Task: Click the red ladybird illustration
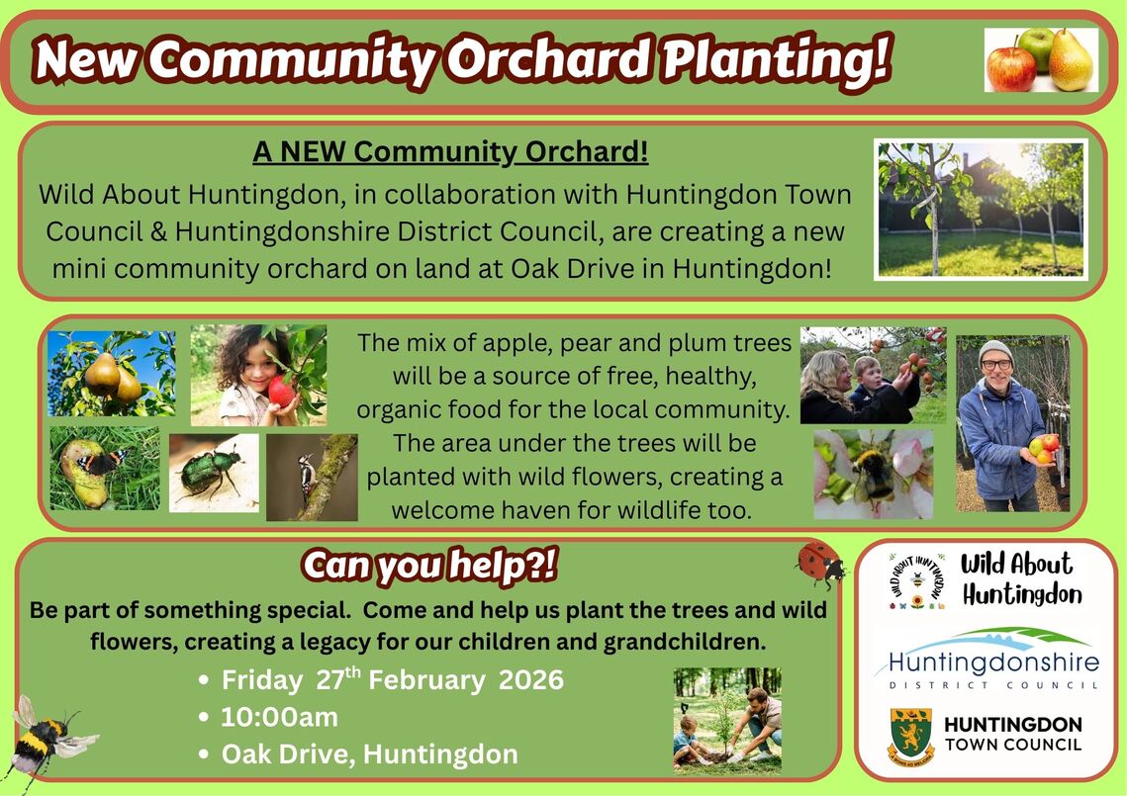[819, 565]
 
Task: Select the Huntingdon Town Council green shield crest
[910, 737]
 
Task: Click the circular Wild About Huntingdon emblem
[915, 580]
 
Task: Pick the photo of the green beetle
[213, 473]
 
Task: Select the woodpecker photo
[312, 477]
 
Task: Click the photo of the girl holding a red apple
[258, 375]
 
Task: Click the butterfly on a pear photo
[104, 468]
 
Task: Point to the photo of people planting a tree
[727, 720]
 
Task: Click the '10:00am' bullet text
[279, 717]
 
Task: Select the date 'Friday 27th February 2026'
[392, 680]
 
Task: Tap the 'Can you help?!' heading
[429, 566]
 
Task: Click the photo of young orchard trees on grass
[981, 209]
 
